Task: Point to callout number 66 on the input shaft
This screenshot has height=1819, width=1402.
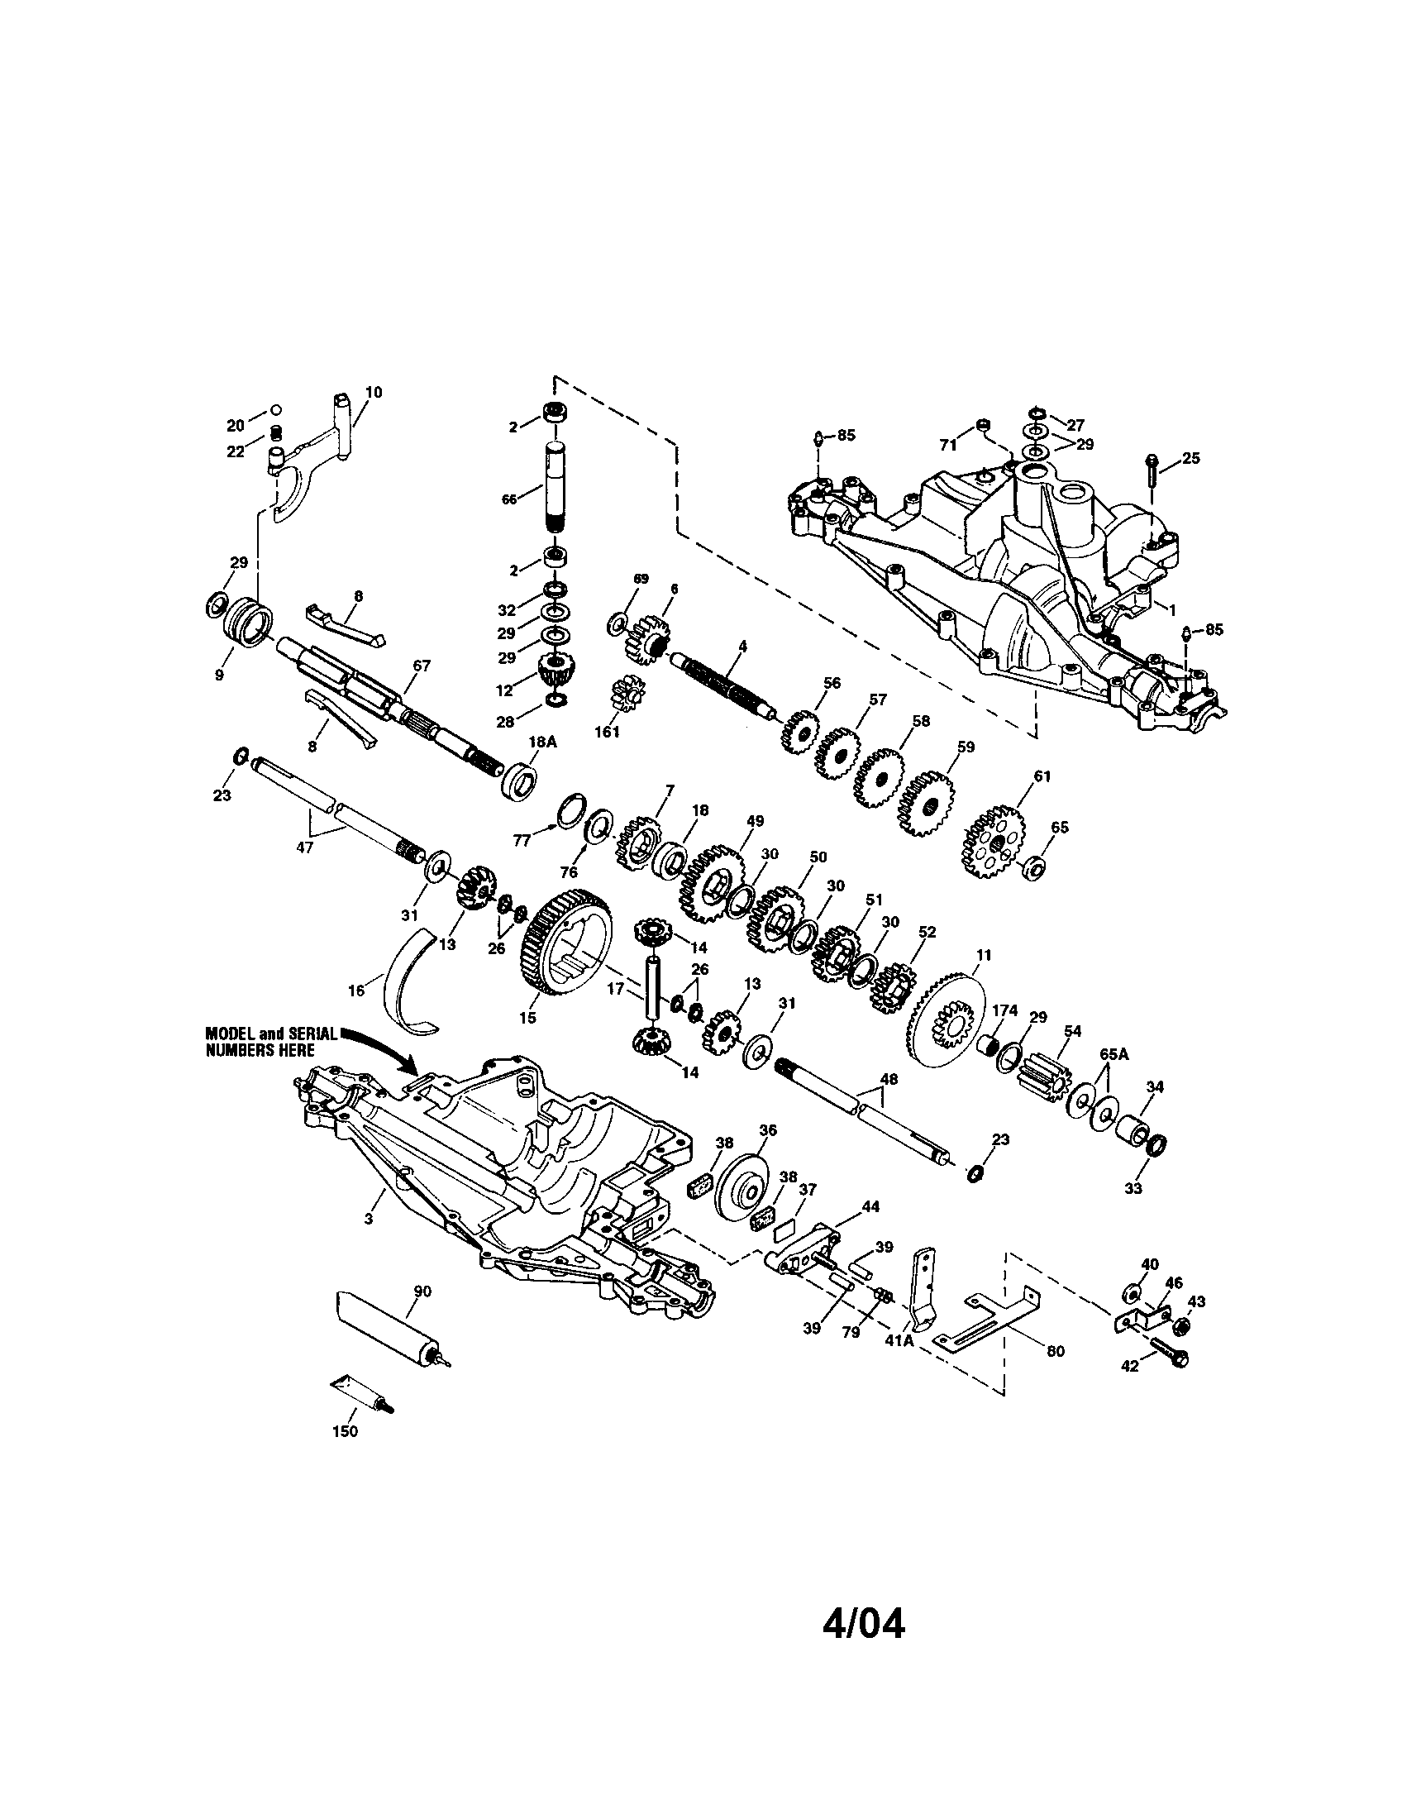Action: pos(508,499)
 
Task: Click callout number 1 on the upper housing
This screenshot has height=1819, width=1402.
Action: pos(1171,609)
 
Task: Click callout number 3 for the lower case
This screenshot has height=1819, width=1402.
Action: pos(369,1219)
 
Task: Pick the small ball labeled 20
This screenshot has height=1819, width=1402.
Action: pos(276,411)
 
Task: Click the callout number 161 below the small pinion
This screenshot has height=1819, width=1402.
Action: pos(608,733)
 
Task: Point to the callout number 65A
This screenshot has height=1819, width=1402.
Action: pos(1115,1053)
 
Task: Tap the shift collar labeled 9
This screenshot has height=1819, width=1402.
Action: pos(248,622)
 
